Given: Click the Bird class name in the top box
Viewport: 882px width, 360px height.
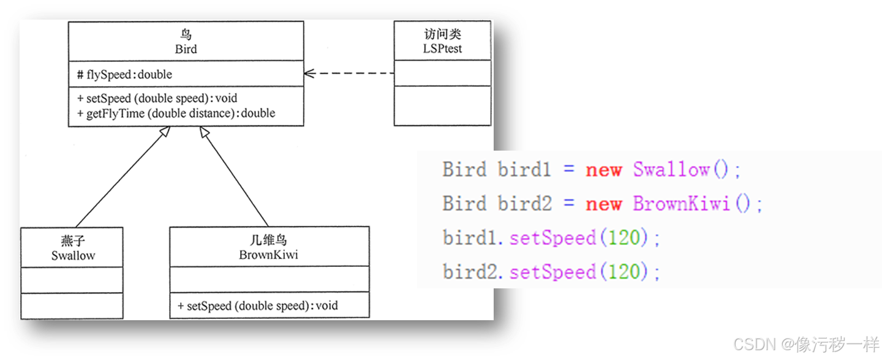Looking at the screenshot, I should pos(186,49).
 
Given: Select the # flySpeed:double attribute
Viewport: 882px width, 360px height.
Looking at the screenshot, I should pos(125,75).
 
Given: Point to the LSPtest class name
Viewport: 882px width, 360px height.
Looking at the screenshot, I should pos(442,48).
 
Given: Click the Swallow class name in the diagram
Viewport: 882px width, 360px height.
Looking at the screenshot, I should pos(73,255).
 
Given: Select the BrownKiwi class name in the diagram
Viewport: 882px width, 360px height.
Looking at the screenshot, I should pos(268,255).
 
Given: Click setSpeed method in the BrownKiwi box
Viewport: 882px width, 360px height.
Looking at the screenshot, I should pos(258,306).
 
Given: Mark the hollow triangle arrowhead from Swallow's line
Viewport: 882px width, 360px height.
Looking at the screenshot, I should pos(164,132).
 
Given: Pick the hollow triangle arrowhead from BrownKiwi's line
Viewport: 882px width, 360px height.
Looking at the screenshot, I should pos(205,132).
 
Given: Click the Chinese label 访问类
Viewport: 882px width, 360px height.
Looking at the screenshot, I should pos(442,35).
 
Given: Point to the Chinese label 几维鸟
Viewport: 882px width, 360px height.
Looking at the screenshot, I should pos(268,241).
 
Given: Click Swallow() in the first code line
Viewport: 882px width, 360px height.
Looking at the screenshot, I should pos(687,170).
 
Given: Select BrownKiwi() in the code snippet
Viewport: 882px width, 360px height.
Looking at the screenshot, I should pos(697,203).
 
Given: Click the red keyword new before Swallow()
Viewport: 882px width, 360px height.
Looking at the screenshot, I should pos(603,170).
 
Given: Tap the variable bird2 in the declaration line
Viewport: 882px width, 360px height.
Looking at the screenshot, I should pos(525,203).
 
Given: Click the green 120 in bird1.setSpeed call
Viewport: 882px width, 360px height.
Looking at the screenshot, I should pos(624,238).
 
